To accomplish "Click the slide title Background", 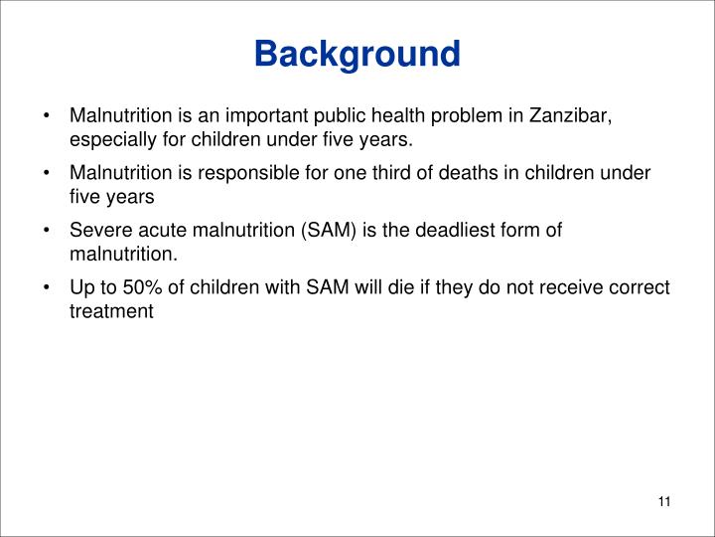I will pyautogui.click(x=357, y=54).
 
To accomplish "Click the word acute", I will pyautogui.click(x=154, y=231).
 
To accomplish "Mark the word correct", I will pyautogui.click(x=643, y=288).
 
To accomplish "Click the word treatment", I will pyautogui.click(x=111, y=312).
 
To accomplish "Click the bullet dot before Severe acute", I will pyautogui.click(x=48, y=231).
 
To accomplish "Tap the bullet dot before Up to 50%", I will pyautogui.click(x=48, y=288).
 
